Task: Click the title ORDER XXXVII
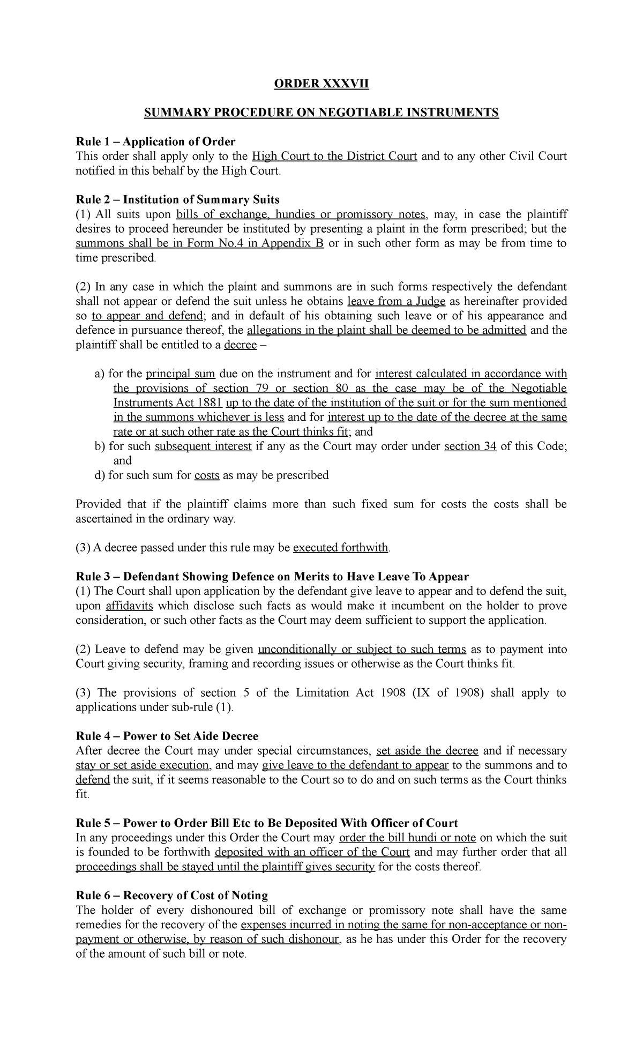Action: coord(322,84)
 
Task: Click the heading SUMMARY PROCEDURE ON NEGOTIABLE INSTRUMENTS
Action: coord(322,113)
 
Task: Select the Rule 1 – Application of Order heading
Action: coord(155,142)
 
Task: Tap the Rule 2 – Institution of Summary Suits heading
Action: coord(177,200)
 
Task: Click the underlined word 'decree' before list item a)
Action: coord(240,345)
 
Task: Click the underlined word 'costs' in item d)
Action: coord(207,475)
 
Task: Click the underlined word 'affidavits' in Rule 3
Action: coord(129,606)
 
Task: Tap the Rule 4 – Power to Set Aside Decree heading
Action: coord(167,736)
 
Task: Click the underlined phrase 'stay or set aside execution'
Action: coord(142,765)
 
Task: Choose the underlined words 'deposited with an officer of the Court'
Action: coord(312,852)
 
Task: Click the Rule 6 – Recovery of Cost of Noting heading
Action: coord(171,895)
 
